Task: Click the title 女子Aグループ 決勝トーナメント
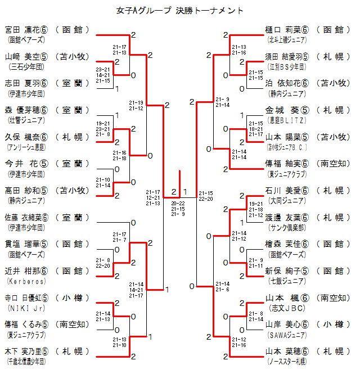(x=180, y=10)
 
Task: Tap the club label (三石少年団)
(x=23, y=67)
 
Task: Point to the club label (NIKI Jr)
(x=23, y=308)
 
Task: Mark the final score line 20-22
(x=178, y=203)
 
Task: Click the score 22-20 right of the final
(x=205, y=199)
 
